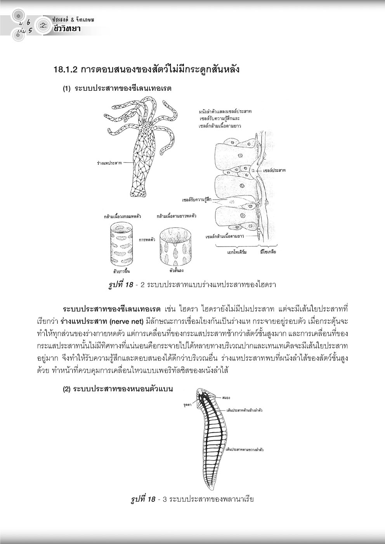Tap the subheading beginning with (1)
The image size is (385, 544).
click(x=117, y=88)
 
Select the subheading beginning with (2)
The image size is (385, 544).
click(x=118, y=389)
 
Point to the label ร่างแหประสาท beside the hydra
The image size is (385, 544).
click(x=109, y=163)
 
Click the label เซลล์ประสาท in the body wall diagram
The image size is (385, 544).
click(x=274, y=171)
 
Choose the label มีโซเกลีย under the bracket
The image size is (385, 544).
click(x=268, y=252)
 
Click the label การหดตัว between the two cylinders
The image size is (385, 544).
click(x=147, y=240)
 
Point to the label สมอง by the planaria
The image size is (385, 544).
click(x=227, y=397)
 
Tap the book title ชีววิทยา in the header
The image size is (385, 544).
click(x=65, y=28)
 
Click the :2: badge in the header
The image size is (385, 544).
click(x=43, y=25)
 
